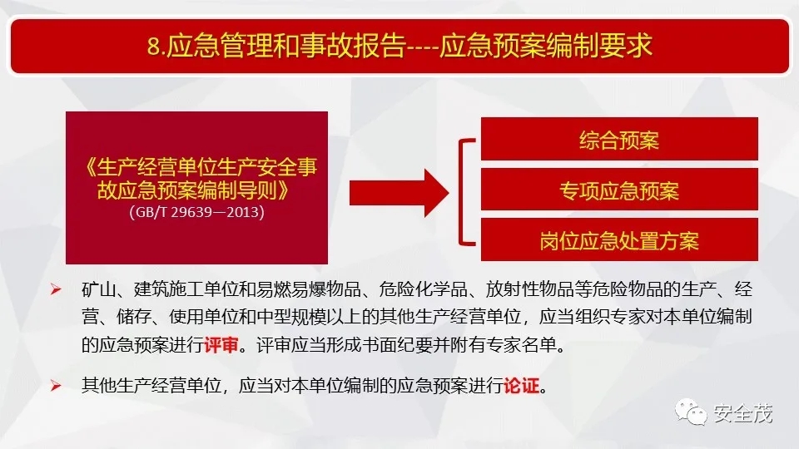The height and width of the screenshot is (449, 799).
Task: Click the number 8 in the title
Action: (x=153, y=47)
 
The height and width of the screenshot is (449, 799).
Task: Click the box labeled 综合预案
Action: (x=619, y=139)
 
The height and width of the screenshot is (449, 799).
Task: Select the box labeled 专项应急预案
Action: (x=619, y=190)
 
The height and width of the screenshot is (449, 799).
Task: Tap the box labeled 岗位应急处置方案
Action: (x=619, y=239)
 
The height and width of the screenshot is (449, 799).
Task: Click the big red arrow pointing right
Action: (x=399, y=194)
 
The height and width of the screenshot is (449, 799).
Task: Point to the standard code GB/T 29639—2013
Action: (x=196, y=212)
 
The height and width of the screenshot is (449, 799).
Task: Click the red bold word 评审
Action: (x=221, y=345)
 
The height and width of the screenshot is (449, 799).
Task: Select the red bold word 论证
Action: (x=521, y=385)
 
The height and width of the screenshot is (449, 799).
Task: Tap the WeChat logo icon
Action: (x=691, y=412)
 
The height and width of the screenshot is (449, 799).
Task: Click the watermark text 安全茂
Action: (x=743, y=413)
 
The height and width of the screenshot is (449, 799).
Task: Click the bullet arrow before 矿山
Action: (x=56, y=289)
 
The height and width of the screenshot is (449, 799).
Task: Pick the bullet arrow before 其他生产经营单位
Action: (x=56, y=386)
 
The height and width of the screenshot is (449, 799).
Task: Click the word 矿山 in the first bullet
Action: (x=99, y=289)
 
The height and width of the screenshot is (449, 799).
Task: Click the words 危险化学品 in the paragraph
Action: (x=423, y=289)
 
